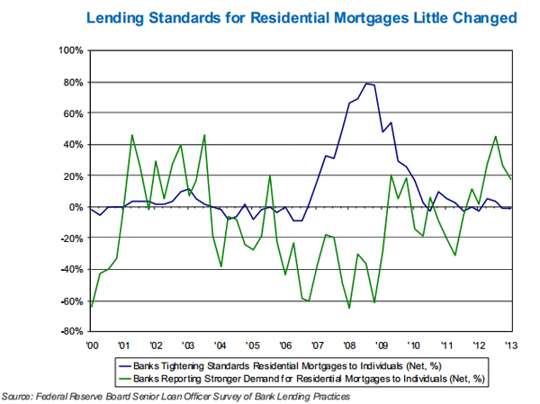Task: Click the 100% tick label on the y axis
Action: (x=69, y=50)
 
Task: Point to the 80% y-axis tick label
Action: (x=72, y=82)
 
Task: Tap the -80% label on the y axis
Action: (x=71, y=332)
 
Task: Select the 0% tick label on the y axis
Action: (x=76, y=207)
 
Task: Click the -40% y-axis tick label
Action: (x=71, y=270)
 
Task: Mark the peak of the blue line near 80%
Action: (x=367, y=83)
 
